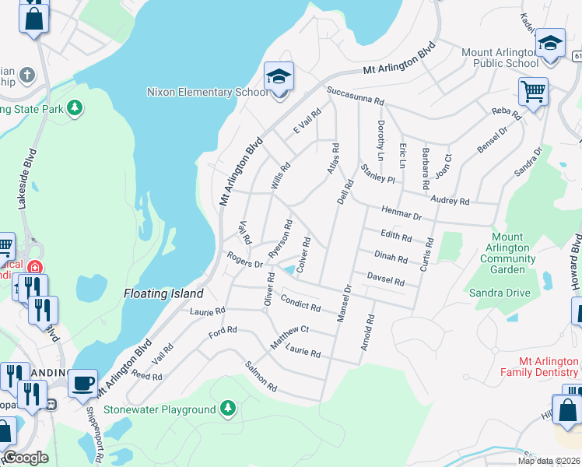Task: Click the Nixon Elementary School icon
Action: pyautogui.click(x=279, y=77)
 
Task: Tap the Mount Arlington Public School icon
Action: pyautogui.click(x=550, y=44)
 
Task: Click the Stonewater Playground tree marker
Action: pyautogui.click(x=227, y=408)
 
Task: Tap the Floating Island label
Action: pyautogui.click(x=163, y=293)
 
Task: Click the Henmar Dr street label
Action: pyautogui.click(x=401, y=212)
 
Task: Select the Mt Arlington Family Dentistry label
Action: pyautogui.click(x=549, y=367)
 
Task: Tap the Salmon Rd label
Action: pyautogui.click(x=261, y=376)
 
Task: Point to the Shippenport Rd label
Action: pyautogui.click(x=94, y=436)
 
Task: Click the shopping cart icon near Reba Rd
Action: pyautogui.click(x=533, y=92)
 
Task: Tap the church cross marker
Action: pyautogui.click(x=27, y=75)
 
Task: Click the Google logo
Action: pyautogui.click(x=26, y=458)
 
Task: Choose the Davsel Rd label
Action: pyautogui.click(x=385, y=279)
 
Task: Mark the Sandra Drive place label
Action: pyautogui.click(x=500, y=293)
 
